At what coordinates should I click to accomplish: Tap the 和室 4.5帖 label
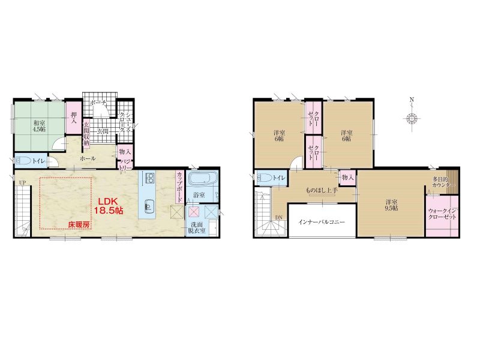coord(40,126)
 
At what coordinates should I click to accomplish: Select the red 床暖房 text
coord(79,224)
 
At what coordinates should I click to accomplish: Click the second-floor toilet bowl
coord(265,178)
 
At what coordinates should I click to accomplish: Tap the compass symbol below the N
coord(412,118)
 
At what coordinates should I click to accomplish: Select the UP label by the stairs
coord(22,183)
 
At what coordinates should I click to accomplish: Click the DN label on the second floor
coord(278,218)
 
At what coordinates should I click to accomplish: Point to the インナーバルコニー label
coord(322,221)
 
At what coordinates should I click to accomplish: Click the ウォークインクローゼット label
coord(442,214)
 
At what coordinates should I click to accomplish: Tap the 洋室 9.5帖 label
coord(392,205)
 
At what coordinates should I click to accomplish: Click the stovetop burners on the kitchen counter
coord(150,178)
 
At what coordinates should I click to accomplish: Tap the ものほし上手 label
coord(322,190)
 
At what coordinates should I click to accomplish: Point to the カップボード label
coord(179,187)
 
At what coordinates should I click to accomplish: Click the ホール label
coord(88,158)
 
